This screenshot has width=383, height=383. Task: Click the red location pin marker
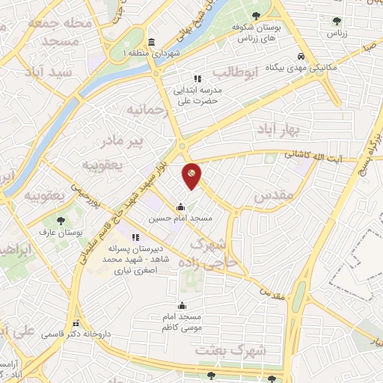point(192,176)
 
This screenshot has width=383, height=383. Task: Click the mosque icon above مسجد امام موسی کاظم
point(182,305)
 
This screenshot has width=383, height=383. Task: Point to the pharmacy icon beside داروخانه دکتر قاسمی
point(76,324)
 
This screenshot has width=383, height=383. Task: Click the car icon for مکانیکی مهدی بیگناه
point(301,56)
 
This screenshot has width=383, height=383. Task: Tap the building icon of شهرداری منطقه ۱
point(153,42)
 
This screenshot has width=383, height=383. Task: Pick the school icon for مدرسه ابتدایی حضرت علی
point(197,78)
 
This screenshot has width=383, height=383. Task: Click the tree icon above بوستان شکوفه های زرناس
point(257,15)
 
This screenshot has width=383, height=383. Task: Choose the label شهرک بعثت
point(224,349)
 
